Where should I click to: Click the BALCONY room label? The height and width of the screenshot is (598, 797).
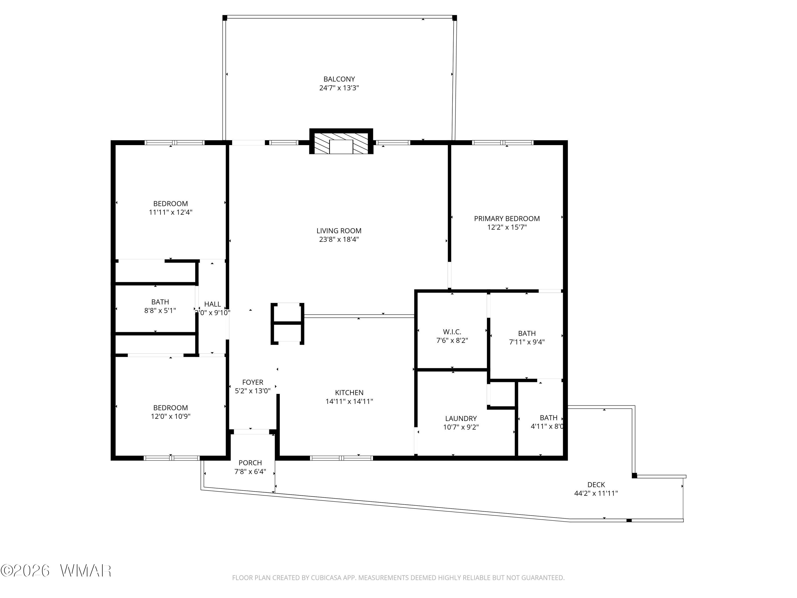pyautogui.click(x=339, y=79)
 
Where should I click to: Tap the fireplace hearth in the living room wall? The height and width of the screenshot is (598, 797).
pyautogui.click(x=341, y=142)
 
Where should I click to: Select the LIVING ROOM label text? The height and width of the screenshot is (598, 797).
pyautogui.click(x=339, y=231)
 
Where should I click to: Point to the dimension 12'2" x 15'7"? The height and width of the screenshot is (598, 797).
pyautogui.click(x=507, y=227)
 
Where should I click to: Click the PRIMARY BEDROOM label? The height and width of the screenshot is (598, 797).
pyautogui.click(x=507, y=218)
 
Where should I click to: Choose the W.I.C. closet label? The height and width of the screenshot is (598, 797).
pyautogui.click(x=452, y=332)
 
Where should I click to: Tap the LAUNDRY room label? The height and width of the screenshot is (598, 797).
pyautogui.click(x=461, y=419)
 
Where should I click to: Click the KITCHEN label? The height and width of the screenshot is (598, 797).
pyautogui.click(x=349, y=393)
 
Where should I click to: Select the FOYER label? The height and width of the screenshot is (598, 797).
pyautogui.click(x=253, y=382)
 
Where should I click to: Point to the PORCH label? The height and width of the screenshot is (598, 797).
pyautogui.click(x=250, y=463)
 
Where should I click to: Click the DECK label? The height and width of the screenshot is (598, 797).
pyautogui.click(x=596, y=485)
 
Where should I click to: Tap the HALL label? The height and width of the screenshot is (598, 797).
pyautogui.click(x=213, y=304)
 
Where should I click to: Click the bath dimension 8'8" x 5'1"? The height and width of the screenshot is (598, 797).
pyautogui.click(x=160, y=310)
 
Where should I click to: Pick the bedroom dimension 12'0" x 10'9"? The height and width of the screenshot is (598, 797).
pyautogui.click(x=171, y=416)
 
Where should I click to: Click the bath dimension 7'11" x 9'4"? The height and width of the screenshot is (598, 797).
pyautogui.click(x=527, y=342)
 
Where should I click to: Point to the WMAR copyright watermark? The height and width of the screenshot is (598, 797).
pyautogui.click(x=56, y=571)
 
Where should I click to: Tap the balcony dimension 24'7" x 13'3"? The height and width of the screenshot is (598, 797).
pyautogui.click(x=339, y=88)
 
